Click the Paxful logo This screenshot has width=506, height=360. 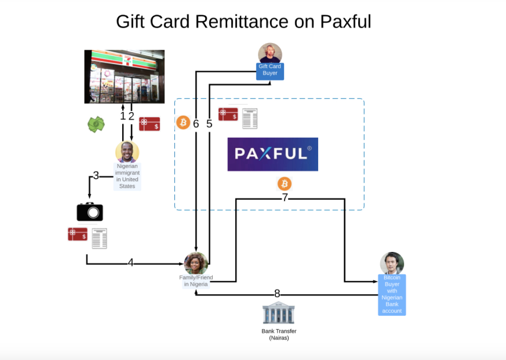273,154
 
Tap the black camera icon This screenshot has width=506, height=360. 90,211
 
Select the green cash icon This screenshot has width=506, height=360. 96,124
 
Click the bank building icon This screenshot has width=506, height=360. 278,313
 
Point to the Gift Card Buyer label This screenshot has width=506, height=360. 270,70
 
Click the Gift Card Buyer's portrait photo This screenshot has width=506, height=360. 270,53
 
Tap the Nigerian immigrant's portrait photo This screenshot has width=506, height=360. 127,152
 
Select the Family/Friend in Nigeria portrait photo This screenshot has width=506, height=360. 196,263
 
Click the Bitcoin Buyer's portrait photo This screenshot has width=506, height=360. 392,263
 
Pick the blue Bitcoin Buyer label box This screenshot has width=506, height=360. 392,294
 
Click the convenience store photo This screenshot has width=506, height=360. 124,76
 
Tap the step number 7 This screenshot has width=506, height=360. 285,198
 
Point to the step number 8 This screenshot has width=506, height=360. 277,294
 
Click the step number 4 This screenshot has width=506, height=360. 130,263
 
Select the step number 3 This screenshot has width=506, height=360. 96,176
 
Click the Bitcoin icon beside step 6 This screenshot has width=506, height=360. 183,122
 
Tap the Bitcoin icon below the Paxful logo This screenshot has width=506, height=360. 284,184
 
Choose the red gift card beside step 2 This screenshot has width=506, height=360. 149,124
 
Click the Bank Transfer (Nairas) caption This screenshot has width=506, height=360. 279,334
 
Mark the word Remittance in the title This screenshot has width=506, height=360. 239,22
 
